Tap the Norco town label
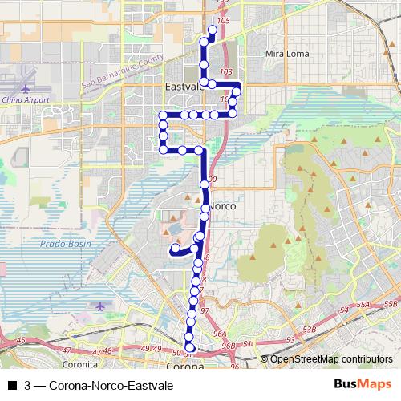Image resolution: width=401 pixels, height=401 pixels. coord(222,206)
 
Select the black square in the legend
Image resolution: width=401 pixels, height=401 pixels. coord(11,386)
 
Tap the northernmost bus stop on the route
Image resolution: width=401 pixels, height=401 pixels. coord(213,30)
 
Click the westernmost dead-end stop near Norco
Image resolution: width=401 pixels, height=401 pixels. coord(174,249)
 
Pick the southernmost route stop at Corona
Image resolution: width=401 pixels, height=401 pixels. coord(190,347)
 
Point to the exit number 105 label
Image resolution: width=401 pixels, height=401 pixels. coord(223,19)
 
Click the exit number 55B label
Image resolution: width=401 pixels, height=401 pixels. coord(391,304)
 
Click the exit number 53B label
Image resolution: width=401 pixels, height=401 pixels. coord(308,330)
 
